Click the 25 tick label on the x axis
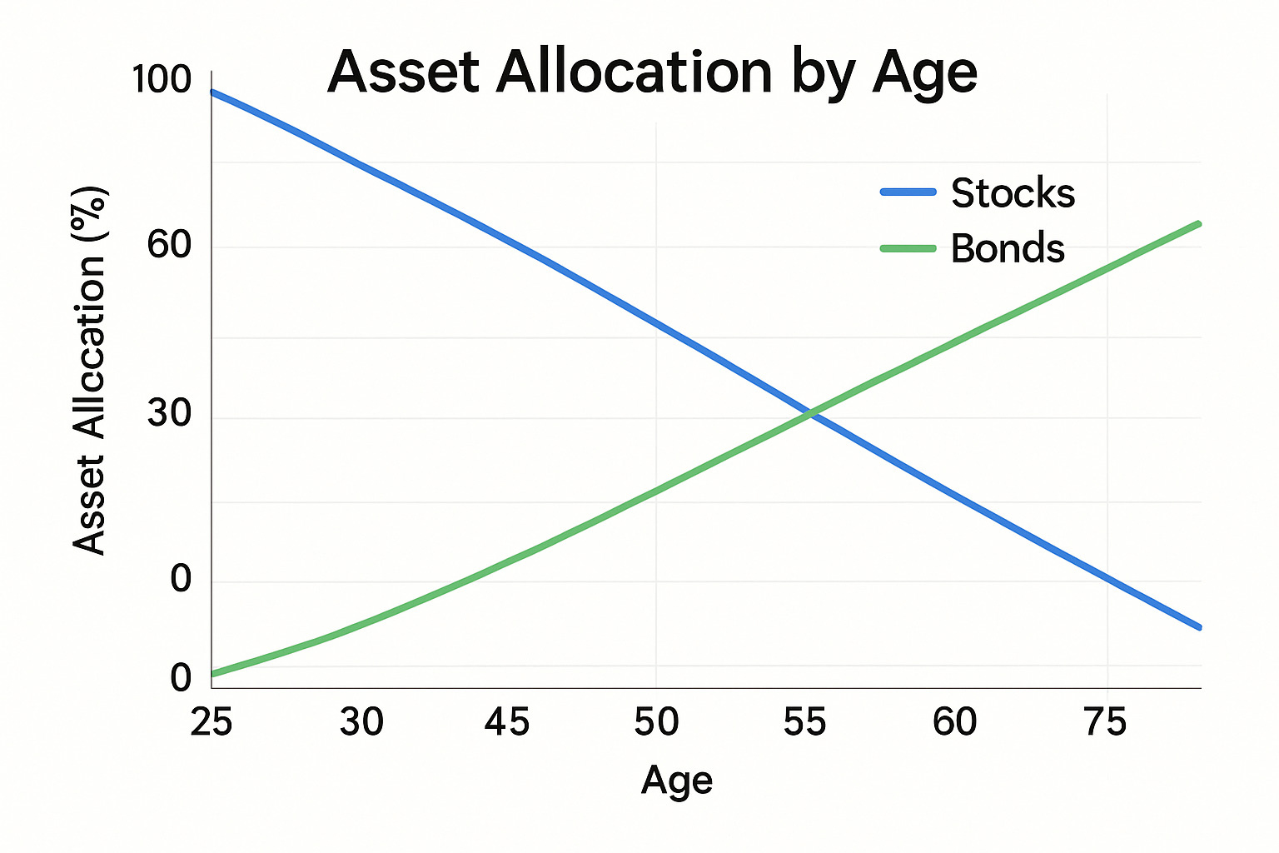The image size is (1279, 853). tap(212, 721)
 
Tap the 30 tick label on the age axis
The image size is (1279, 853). tap(361, 721)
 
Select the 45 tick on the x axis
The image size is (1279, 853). tap(507, 721)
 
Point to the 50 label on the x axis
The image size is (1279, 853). tap(656, 721)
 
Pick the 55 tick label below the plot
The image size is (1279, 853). tap(804, 721)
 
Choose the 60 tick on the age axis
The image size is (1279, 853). tap(954, 721)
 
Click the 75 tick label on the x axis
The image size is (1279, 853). tap(1105, 721)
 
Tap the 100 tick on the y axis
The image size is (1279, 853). tap(162, 80)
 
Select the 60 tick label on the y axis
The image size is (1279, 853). tap(170, 245)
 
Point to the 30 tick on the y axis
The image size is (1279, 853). tap(170, 413)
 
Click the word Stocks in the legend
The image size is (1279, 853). tap(1013, 193)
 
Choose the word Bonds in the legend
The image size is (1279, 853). tap(1008, 248)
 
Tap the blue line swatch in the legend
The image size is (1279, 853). tap(908, 192)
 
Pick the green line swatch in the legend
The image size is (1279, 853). tap(908, 248)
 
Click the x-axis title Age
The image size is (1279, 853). tap(677, 781)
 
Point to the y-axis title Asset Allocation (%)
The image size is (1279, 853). tap(90, 370)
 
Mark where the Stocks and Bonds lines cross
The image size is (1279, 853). tap(809, 412)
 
